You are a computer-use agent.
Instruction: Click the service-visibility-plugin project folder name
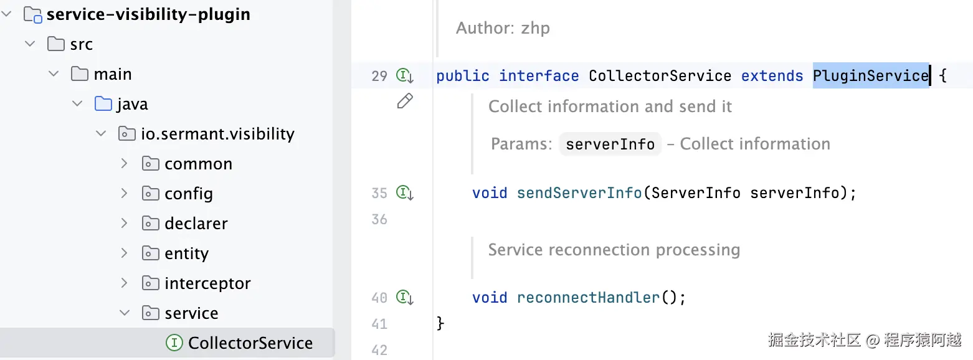(148, 14)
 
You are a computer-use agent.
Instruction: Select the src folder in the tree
(81, 44)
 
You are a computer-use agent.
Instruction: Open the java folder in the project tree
(131, 104)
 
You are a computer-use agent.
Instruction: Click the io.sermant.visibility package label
(217, 134)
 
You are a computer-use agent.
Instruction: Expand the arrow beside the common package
(125, 164)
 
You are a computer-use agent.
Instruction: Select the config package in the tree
(188, 194)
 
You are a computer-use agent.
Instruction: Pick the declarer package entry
(196, 224)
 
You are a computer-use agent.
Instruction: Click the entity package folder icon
(150, 253)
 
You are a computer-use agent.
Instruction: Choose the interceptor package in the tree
(207, 283)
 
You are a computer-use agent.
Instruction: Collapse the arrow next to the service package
(125, 313)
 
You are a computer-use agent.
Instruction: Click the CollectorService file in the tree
(250, 343)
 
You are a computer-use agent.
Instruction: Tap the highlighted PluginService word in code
(870, 76)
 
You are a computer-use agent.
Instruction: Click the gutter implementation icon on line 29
(405, 76)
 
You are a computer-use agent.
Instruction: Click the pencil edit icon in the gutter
(405, 101)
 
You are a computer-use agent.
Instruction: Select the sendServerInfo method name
(579, 193)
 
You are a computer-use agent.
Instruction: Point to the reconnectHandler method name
(588, 298)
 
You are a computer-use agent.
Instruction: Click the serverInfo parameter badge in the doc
(610, 144)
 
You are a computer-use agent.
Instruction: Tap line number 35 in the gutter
(379, 193)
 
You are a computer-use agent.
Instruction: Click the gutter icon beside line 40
(405, 298)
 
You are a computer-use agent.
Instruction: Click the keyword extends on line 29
(772, 76)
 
